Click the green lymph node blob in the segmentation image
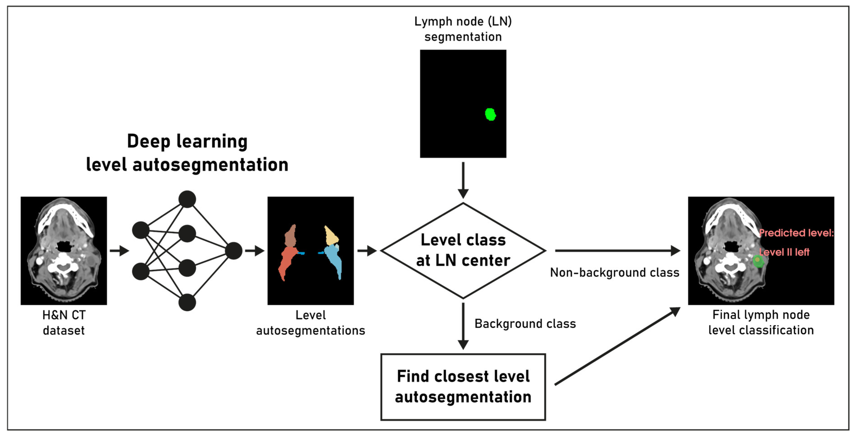490,114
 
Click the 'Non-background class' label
615,272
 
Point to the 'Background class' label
525,323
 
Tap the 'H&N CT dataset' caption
64,323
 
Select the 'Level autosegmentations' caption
311,323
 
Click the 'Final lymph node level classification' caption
761,322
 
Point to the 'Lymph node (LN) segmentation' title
463,29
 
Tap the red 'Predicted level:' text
796,233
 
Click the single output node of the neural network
234,251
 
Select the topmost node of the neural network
187,199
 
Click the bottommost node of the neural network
187,302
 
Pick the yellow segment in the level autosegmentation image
331,236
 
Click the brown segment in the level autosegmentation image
291,236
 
